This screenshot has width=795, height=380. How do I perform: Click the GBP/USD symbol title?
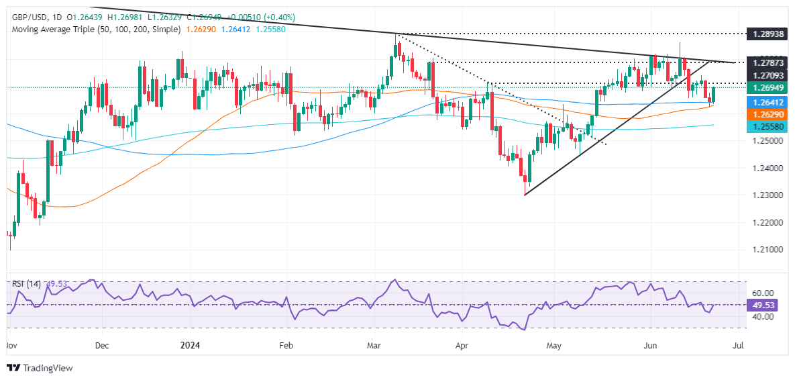pyautogui.click(x=26, y=17)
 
